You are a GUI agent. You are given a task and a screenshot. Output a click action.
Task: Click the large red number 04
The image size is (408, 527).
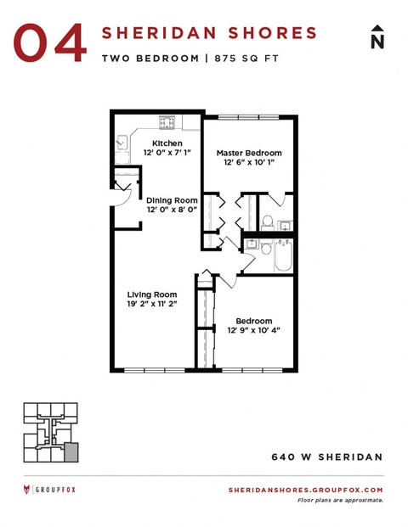50,42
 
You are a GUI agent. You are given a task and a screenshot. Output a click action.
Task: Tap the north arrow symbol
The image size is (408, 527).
377,37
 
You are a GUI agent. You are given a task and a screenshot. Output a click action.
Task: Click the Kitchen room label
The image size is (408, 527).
167,143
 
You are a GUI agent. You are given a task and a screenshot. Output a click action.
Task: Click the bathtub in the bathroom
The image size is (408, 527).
281,255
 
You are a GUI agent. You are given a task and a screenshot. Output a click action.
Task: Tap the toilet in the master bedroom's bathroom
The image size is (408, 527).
267,222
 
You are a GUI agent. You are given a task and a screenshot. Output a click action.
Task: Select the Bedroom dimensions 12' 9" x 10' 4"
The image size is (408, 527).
253,330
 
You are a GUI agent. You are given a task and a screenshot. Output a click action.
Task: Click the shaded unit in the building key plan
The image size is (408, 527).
71,449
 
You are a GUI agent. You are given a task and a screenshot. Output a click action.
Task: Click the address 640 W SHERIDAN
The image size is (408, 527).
326,457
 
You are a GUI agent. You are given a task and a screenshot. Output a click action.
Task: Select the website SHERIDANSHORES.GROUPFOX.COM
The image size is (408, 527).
306,490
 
